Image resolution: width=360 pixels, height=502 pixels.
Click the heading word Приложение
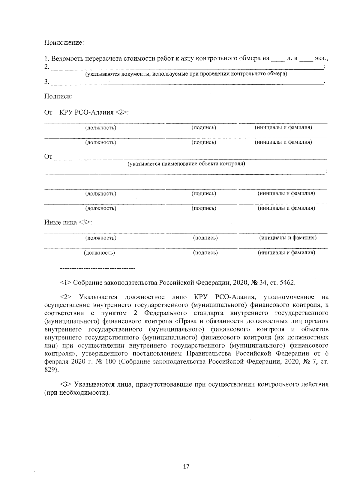click(64, 43)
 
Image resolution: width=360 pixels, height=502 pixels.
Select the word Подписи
click(58, 97)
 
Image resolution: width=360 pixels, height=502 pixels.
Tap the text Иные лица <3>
click(68, 223)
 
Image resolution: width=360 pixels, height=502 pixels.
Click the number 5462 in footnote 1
click(287, 282)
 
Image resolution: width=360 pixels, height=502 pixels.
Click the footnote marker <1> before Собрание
click(66, 282)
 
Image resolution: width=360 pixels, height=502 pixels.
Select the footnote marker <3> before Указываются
click(66, 384)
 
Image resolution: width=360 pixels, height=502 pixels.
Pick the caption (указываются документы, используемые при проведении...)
click(186, 74)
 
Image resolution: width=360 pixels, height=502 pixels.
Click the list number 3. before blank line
click(47, 82)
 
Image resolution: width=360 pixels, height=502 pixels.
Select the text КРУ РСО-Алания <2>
click(94, 113)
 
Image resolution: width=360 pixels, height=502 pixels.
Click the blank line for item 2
click(186, 68)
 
